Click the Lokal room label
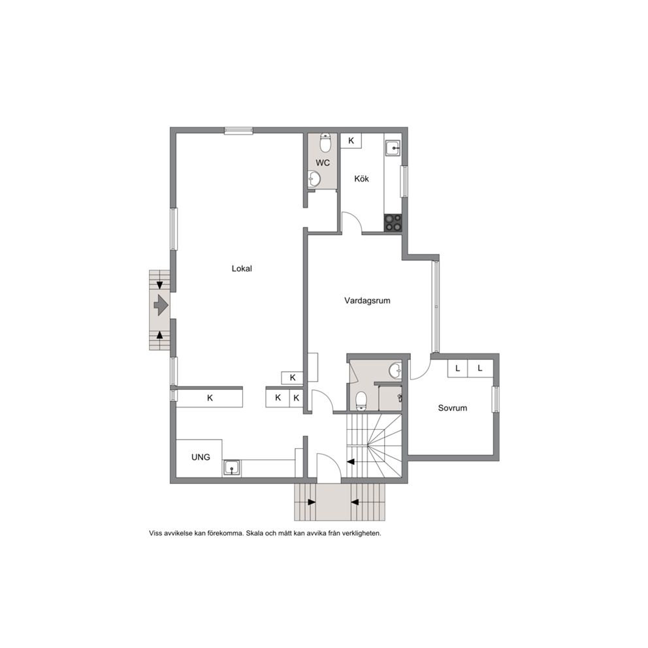(242, 268)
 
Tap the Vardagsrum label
(367, 300)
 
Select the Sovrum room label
(453, 408)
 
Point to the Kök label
(362, 178)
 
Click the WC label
(323, 163)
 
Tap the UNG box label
(201, 457)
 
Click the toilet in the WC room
(326, 142)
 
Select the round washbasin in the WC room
(314, 180)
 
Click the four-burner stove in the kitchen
(393, 223)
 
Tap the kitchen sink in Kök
(393, 148)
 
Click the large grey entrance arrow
(161, 306)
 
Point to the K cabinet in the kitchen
(351, 140)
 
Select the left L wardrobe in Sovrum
(457, 368)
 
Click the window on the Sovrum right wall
(496, 399)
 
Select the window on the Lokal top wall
(238, 131)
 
